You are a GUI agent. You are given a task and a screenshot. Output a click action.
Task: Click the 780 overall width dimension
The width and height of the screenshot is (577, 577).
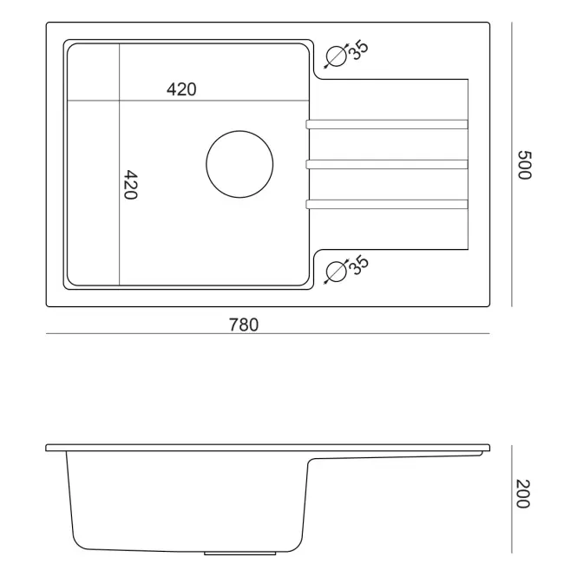coord(244,325)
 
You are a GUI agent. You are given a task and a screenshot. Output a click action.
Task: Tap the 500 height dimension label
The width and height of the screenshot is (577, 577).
coord(524,165)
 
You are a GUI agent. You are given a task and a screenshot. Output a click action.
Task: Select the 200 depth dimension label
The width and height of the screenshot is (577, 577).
coord(522,494)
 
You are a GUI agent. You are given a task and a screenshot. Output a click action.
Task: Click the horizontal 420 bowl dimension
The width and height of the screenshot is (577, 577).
coord(181,89)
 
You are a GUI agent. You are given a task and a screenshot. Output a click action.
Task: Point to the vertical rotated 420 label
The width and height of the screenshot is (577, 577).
coord(130,185)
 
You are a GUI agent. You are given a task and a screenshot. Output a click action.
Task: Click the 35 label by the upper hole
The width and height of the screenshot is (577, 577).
coord(358,49)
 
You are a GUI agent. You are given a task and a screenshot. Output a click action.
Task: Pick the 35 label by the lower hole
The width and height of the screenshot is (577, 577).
coord(358,265)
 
